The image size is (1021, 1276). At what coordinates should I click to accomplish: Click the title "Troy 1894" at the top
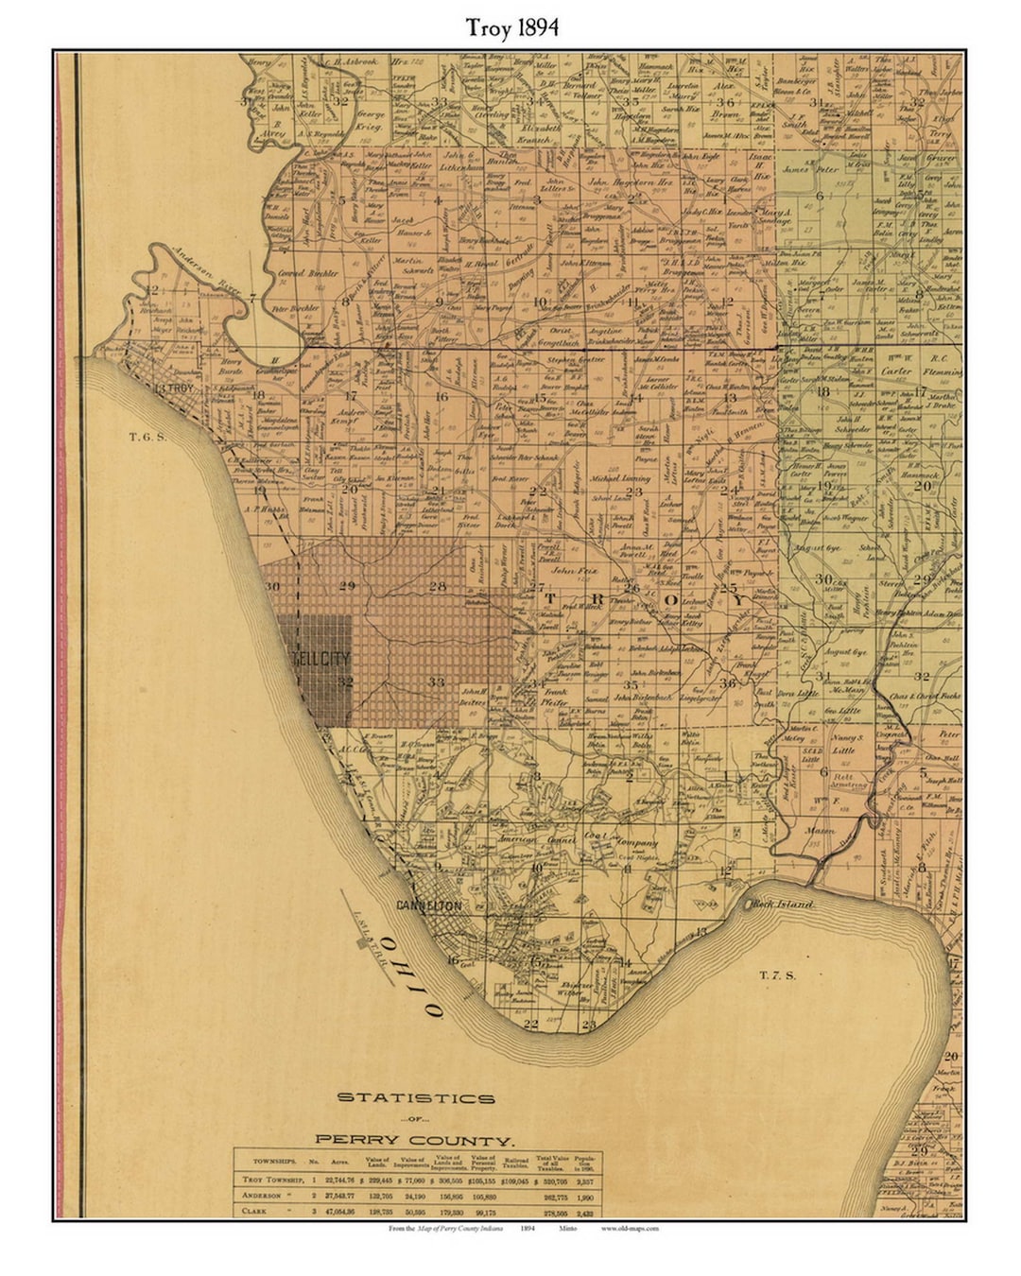(511, 27)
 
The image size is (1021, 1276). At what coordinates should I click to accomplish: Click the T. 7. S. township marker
(777, 974)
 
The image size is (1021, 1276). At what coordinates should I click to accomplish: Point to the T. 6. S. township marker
(148, 437)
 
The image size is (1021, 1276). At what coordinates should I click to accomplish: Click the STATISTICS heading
(416, 1098)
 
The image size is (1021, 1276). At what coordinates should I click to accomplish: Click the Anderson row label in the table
(264, 1196)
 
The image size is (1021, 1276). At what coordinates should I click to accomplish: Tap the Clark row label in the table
(254, 1211)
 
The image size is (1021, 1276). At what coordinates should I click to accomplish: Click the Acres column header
(337, 1162)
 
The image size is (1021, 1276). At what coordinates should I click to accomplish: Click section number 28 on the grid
(437, 587)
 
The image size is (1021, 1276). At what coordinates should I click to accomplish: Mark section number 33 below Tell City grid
(436, 681)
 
